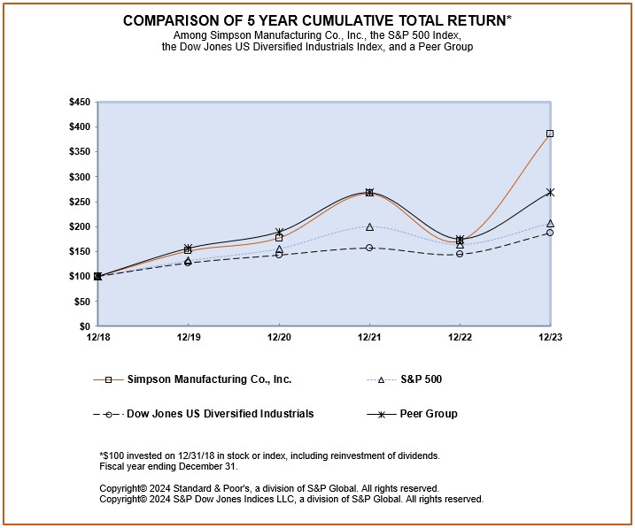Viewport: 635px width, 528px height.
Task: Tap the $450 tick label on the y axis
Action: (79, 103)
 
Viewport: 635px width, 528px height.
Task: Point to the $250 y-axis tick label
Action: (79, 202)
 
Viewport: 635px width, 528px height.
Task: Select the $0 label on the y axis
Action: (84, 326)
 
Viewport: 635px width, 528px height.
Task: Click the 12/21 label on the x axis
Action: (369, 338)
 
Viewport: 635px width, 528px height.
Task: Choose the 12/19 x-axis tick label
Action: (188, 338)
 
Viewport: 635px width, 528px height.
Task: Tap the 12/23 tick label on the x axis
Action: (549, 338)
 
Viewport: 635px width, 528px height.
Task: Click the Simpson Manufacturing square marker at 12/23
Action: (550, 134)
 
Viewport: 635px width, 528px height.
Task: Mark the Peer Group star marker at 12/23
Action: (550, 192)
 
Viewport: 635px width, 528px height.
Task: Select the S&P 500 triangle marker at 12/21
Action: (369, 227)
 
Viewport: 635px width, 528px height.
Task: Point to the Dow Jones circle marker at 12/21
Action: (369, 248)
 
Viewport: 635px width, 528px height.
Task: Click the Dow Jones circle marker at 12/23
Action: (550, 233)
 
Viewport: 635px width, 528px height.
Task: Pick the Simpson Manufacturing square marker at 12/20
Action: (279, 238)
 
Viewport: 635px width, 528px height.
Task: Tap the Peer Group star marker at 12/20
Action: (279, 232)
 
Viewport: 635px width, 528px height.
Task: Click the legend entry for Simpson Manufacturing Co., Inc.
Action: (209, 379)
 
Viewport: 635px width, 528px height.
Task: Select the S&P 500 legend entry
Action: (421, 379)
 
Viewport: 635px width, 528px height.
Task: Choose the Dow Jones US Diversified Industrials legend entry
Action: (220, 414)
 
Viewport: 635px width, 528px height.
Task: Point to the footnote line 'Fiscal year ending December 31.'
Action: (169, 466)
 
